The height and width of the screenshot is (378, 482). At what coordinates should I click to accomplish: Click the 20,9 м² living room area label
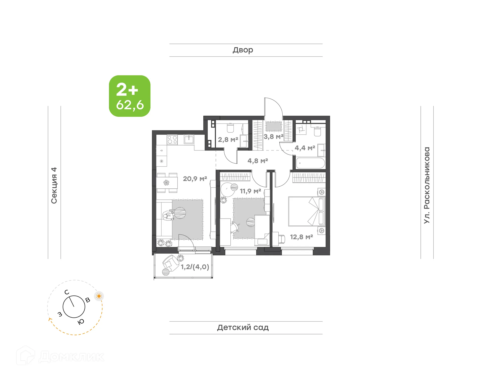(195, 179)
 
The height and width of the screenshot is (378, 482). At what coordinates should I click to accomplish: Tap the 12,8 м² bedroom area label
(301, 237)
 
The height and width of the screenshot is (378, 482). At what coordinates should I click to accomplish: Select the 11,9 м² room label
(250, 191)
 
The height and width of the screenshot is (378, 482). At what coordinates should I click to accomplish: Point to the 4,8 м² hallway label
(258, 161)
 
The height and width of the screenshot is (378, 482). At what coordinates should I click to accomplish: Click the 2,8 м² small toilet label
(228, 140)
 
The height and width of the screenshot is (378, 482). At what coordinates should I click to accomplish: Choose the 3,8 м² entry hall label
(273, 137)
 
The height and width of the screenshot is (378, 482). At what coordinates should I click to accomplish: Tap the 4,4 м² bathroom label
(305, 148)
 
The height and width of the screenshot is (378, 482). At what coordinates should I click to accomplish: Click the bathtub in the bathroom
(311, 163)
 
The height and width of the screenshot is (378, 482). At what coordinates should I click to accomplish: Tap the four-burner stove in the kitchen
(172, 140)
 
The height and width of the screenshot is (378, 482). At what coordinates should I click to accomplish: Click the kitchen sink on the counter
(189, 139)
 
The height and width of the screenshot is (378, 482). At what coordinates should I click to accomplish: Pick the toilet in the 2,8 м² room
(230, 128)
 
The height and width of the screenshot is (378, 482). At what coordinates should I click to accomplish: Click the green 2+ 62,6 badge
(130, 96)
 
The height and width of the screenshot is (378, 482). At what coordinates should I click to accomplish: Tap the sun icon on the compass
(99, 296)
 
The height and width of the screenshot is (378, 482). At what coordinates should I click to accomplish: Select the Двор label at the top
(243, 50)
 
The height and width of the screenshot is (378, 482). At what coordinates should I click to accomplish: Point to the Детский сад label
(243, 327)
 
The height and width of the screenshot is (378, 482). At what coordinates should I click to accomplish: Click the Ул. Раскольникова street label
(427, 185)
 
